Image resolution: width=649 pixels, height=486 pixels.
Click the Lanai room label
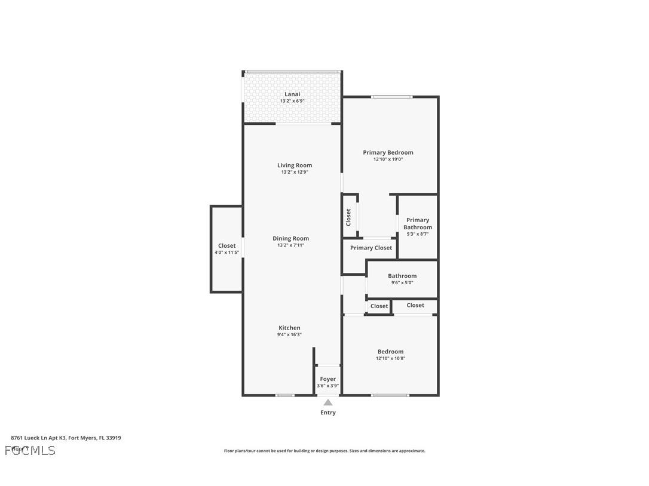click(292, 94)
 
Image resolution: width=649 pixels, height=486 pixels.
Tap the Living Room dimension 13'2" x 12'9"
click(295, 173)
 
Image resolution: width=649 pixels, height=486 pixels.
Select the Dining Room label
click(291, 238)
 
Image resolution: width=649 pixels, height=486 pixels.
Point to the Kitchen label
click(289, 328)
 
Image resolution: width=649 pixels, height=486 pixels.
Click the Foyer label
click(327, 379)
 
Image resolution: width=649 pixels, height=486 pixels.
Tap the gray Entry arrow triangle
click(327, 402)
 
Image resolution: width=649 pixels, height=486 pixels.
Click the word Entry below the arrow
click(328, 413)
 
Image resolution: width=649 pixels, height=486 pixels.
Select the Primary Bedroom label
click(388, 152)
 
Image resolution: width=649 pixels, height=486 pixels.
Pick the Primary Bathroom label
click(417, 223)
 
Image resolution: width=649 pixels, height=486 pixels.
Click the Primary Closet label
click(371, 248)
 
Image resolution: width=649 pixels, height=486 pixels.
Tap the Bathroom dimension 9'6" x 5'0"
click(402, 283)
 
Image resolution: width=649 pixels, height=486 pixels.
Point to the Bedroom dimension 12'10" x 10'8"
click(390, 359)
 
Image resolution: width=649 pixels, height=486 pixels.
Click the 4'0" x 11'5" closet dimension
click(226, 253)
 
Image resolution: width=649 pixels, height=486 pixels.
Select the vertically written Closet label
click(348, 217)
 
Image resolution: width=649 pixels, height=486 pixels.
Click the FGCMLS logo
click(30, 450)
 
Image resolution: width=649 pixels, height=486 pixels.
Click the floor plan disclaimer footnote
click(324, 451)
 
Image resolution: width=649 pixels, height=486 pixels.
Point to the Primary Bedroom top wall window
click(391, 97)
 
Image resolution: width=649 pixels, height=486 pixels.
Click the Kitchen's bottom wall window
click(284, 395)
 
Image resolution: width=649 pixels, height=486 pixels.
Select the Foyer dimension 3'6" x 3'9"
click(327, 386)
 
